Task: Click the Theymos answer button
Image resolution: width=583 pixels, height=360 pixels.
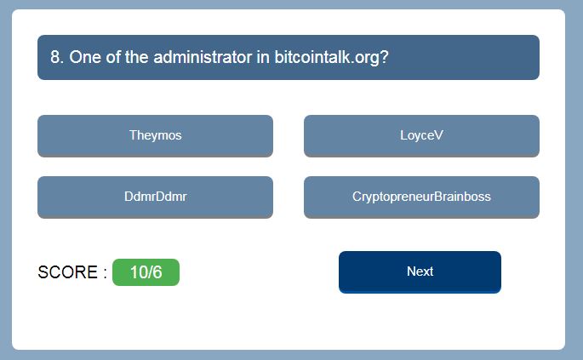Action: (155, 135)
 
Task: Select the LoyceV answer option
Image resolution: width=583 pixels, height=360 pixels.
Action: (421, 135)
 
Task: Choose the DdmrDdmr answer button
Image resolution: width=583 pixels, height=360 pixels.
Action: (155, 197)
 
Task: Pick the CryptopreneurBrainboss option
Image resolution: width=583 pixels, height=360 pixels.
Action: (421, 197)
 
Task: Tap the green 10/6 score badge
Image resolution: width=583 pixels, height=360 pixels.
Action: (146, 272)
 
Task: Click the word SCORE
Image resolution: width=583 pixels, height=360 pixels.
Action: (68, 272)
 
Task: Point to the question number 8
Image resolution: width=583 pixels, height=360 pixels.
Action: (55, 57)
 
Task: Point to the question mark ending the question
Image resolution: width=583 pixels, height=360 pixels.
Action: (384, 57)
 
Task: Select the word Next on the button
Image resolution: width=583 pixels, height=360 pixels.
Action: (420, 271)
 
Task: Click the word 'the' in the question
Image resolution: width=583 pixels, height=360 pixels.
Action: (137, 57)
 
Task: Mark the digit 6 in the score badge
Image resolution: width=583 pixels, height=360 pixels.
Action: (157, 272)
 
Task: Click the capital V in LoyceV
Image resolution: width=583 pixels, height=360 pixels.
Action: (438, 135)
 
